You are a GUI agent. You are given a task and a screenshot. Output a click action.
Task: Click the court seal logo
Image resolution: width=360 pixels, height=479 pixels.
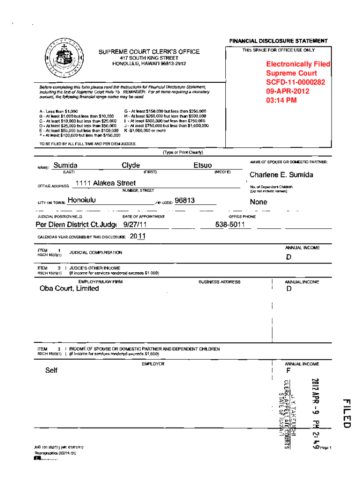click(63, 60)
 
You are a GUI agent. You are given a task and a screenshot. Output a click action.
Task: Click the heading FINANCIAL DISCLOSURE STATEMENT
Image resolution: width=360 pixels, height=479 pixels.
click(278, 41)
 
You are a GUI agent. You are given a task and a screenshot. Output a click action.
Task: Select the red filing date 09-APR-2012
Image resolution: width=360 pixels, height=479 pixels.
click(288, 91)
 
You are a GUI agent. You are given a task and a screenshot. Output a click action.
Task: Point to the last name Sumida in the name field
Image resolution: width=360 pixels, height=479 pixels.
click(65, 165)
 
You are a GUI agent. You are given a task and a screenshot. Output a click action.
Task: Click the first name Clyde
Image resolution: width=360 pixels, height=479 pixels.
click(130, 165)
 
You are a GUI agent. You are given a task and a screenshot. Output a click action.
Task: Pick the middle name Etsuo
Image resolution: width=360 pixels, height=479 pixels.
click(202, 165)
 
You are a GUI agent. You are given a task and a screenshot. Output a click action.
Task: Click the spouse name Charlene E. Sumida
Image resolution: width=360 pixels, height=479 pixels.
click(281, 175)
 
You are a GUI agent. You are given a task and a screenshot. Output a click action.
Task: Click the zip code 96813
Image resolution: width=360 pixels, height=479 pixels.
click(185, 201)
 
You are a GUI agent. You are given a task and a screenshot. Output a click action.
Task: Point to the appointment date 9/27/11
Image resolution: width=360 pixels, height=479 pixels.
click(135, 225)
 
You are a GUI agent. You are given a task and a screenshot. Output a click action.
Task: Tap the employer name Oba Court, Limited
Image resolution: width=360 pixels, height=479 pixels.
click(69, 289)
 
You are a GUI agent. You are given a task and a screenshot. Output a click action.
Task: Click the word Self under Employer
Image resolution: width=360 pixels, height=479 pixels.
click(51, 370)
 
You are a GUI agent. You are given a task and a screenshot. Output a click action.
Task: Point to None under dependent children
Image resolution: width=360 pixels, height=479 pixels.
click(259, 202)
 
